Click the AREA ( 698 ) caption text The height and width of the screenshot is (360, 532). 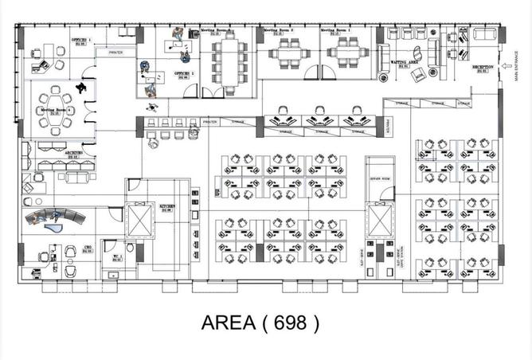tap(260, 323)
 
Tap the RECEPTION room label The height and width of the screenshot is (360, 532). tap(483, 68)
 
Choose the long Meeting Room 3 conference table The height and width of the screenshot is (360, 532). tap(229, 57)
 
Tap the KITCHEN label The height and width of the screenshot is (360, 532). tap(167, 208)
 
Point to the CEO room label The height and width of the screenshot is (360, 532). tap(88, 250)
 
